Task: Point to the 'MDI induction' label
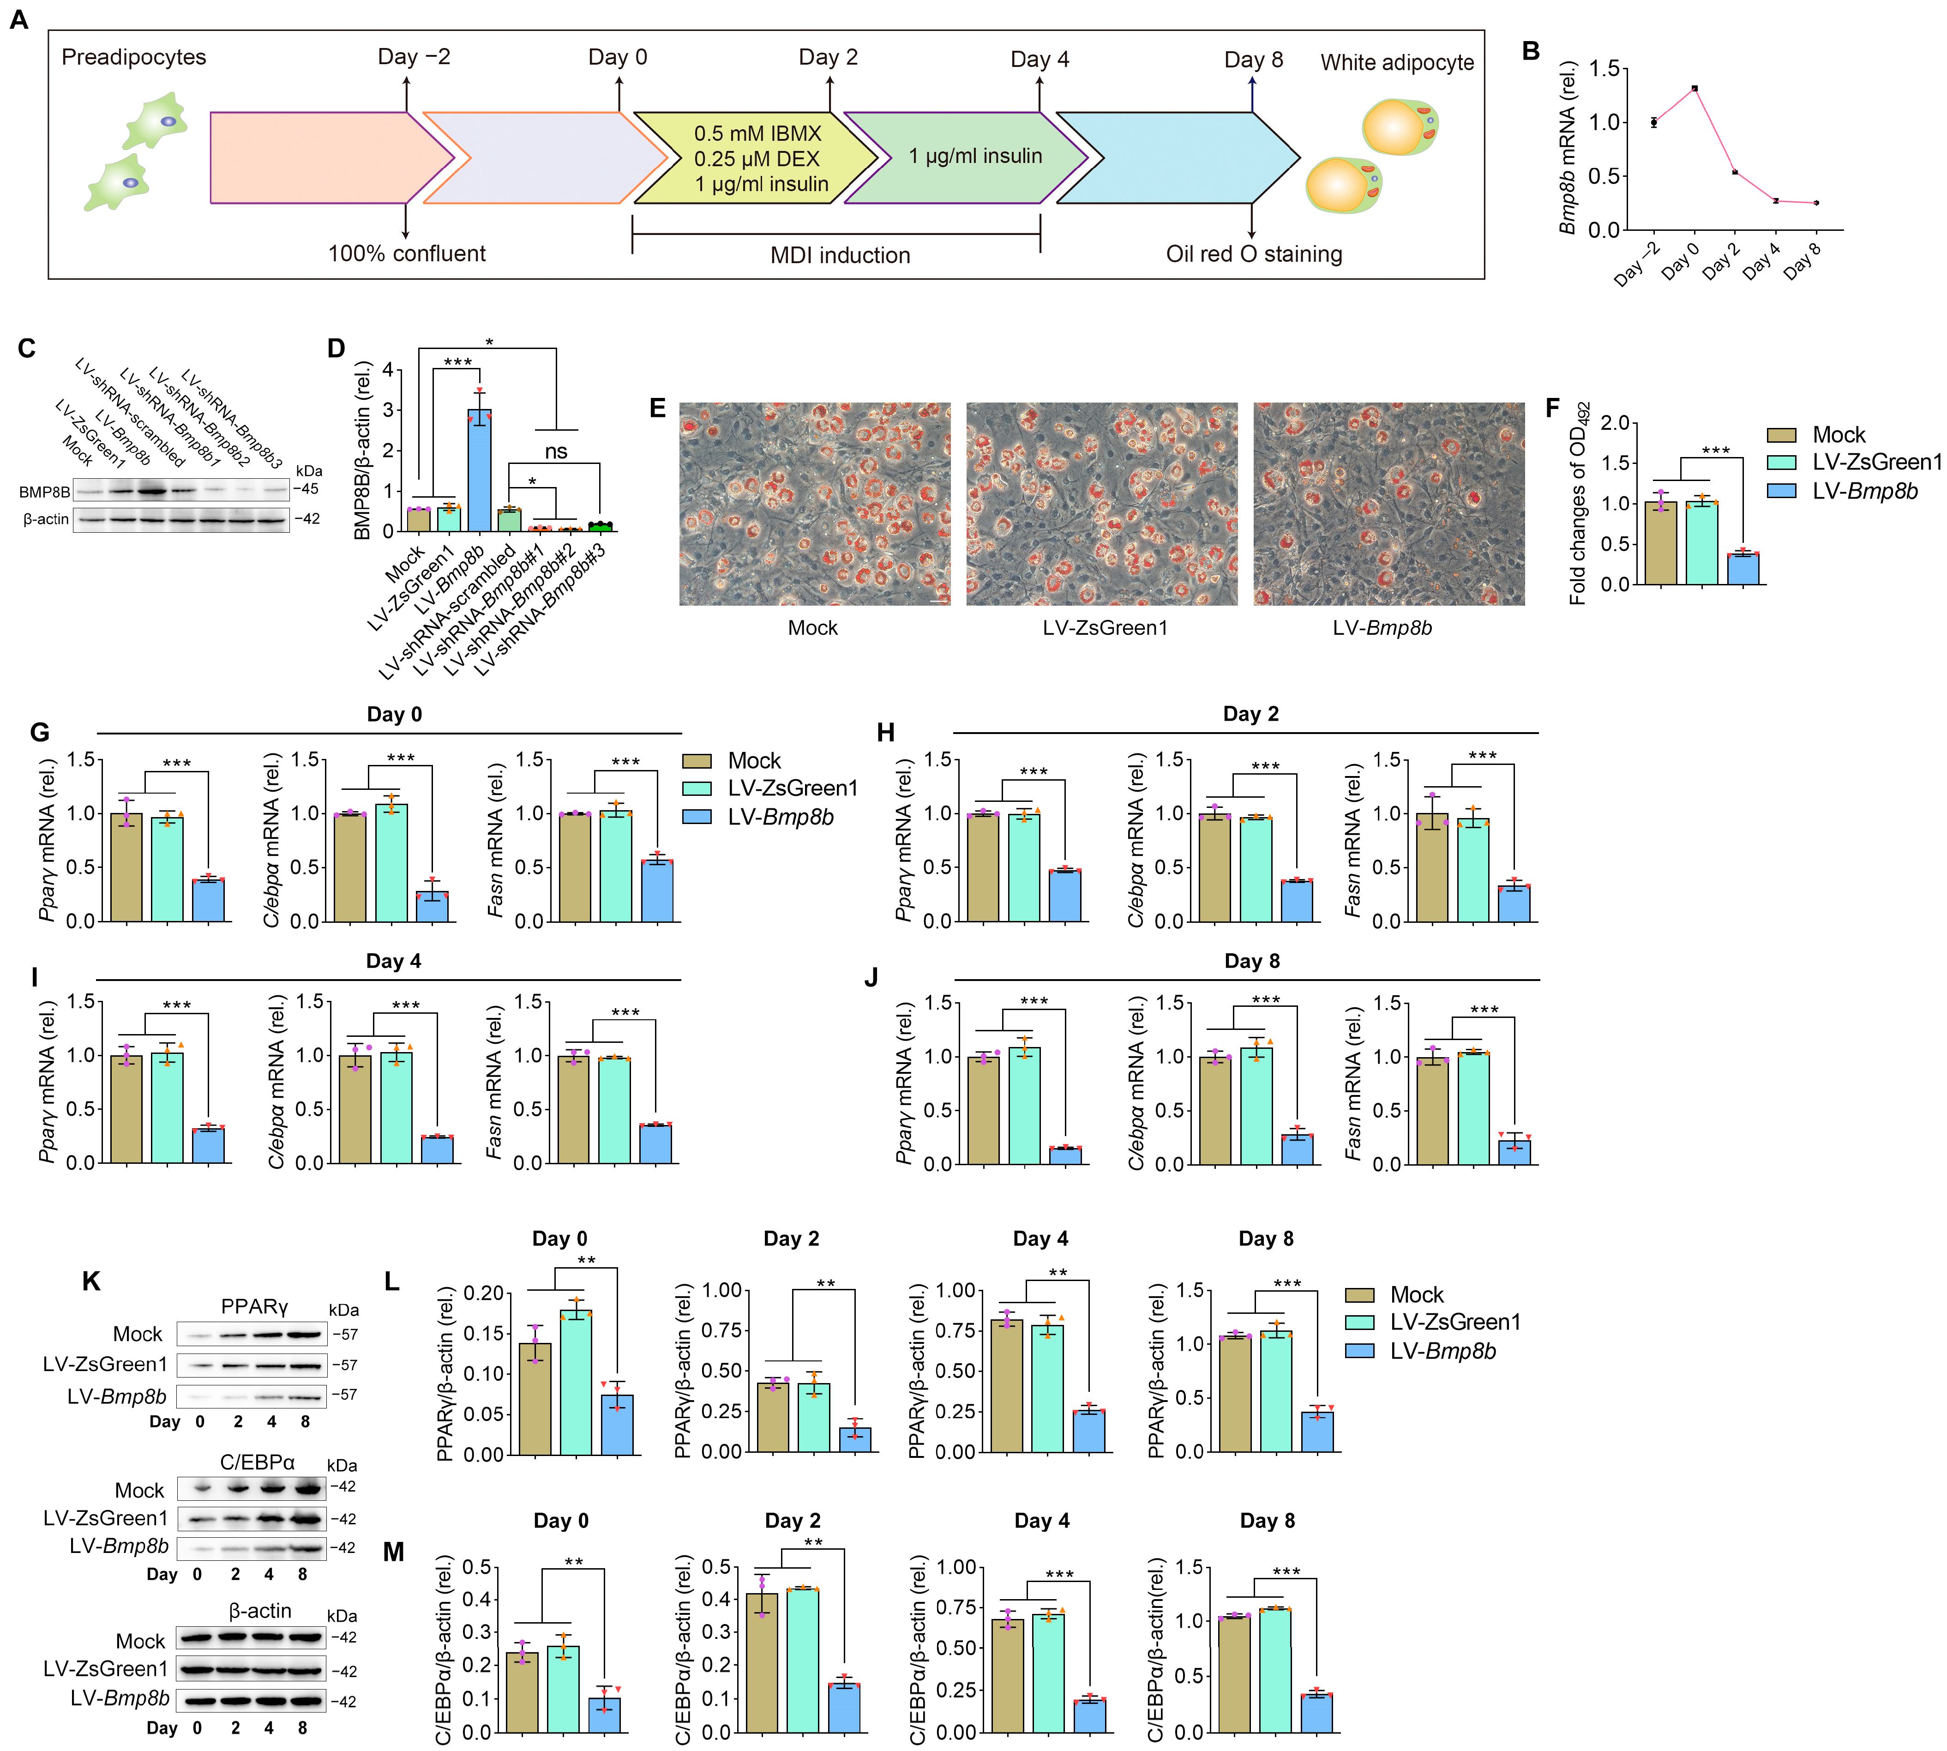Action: coord(840,255)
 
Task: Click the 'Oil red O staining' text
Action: coord(1253,254)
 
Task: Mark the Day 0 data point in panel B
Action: coord(1694,89)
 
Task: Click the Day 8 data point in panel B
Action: coord(1815,203)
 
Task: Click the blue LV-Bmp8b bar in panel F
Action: coord(1743,569)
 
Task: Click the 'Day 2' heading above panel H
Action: coord(1250,714)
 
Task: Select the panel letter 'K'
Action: coord(91,1282)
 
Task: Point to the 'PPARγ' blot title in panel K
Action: coord(254,1306)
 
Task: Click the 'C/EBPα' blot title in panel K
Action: coord(257,1462)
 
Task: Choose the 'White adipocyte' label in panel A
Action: coord(1397,62)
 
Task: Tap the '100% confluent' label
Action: coord(407,254)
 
